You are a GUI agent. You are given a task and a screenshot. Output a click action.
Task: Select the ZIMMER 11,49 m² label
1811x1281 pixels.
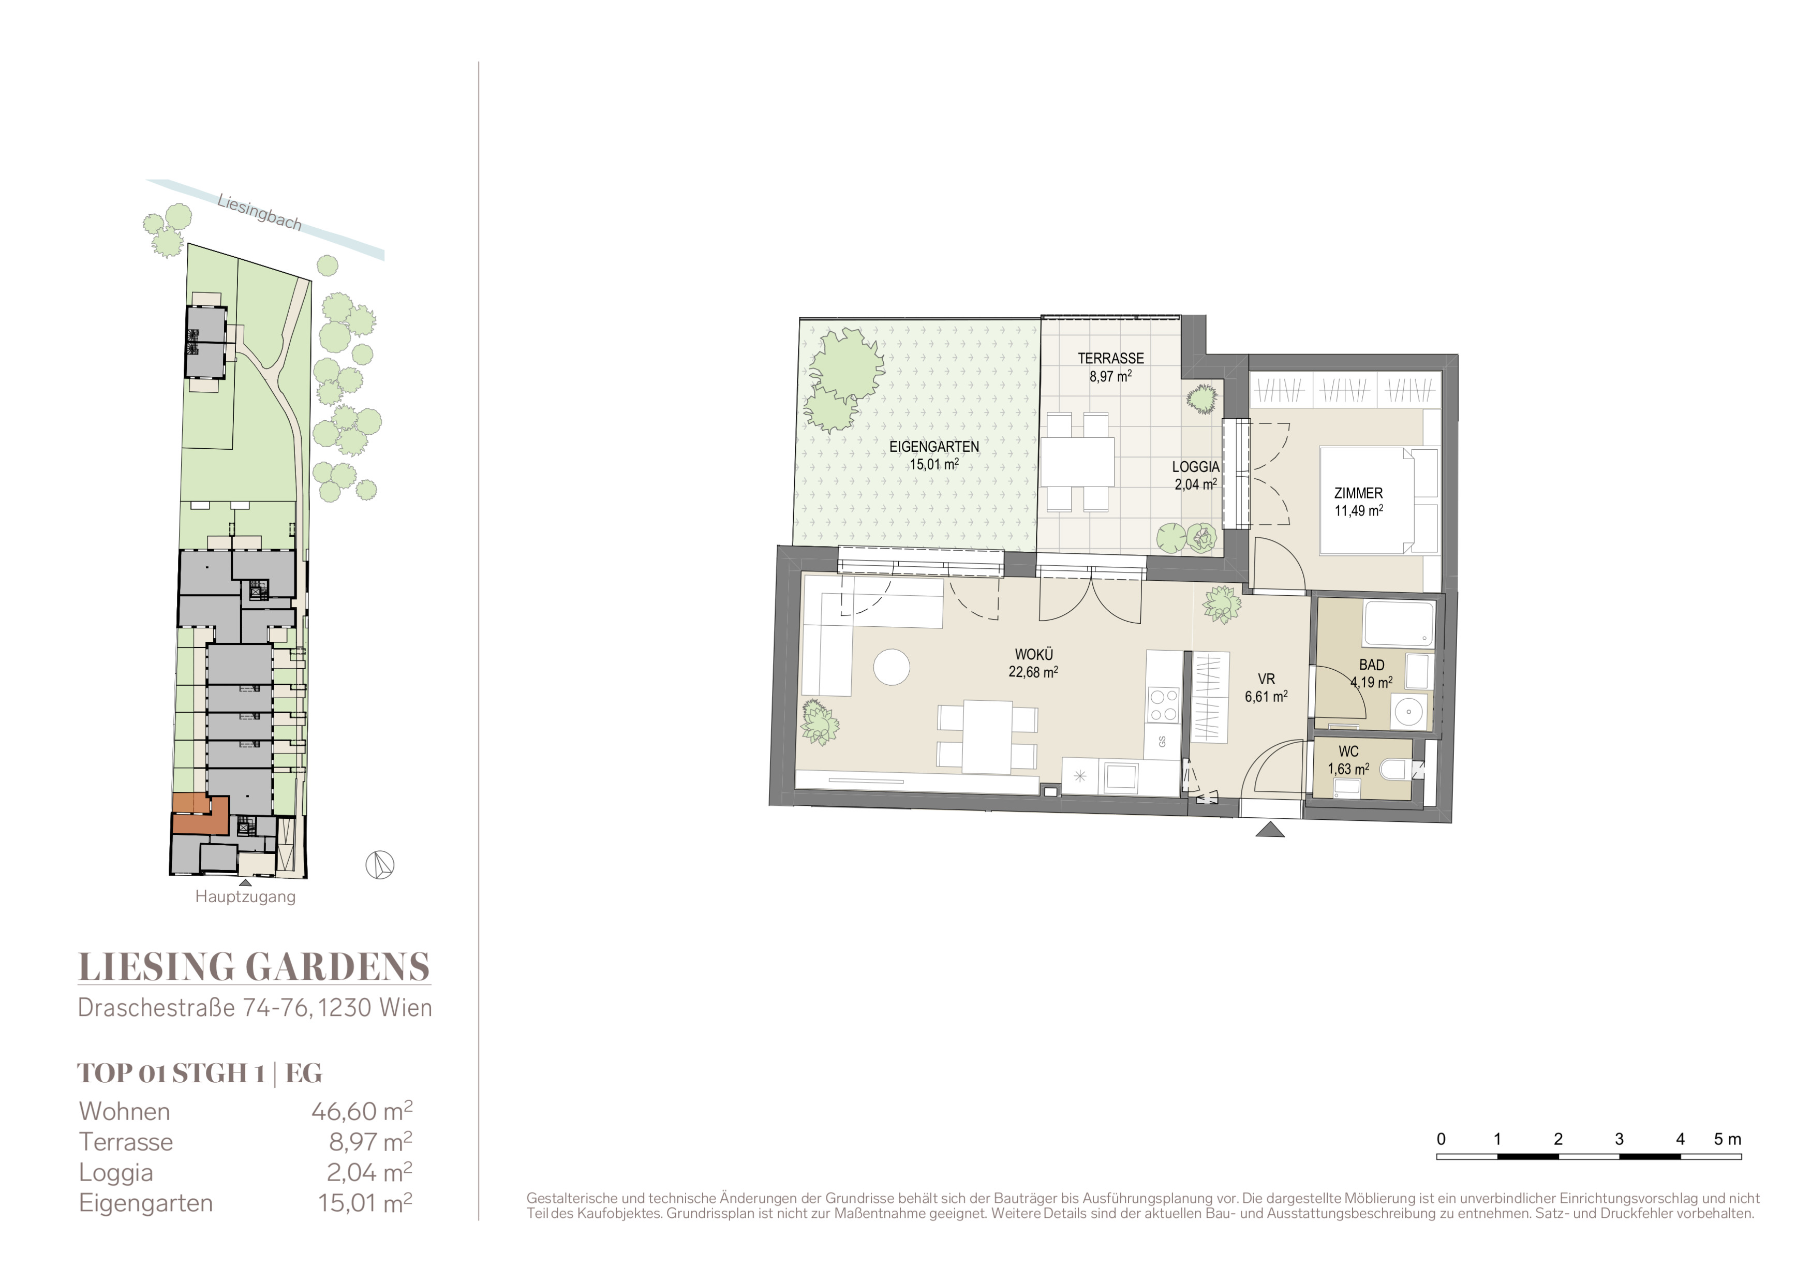click(x=1358, y=502)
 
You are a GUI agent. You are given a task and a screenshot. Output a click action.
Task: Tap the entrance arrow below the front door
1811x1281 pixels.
click(x=1269, y=829)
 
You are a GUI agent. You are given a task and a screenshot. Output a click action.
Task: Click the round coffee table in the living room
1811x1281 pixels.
click(x=892, y=667)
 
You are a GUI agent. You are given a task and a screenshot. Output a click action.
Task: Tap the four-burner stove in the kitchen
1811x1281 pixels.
click(x=1163, y=705)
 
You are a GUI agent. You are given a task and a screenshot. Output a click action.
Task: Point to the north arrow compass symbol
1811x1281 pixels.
click(x=380, y=865)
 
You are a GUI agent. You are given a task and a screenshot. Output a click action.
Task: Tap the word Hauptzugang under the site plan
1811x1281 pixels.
click(x=245, y=897)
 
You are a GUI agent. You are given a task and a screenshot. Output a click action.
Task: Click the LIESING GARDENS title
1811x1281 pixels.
click(x=254, y=967)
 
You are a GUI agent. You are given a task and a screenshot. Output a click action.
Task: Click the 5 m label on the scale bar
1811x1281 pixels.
click(x=1727, y=1139)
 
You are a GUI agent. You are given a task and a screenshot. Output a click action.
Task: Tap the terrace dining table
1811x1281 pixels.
click(x=1077, y=462)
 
